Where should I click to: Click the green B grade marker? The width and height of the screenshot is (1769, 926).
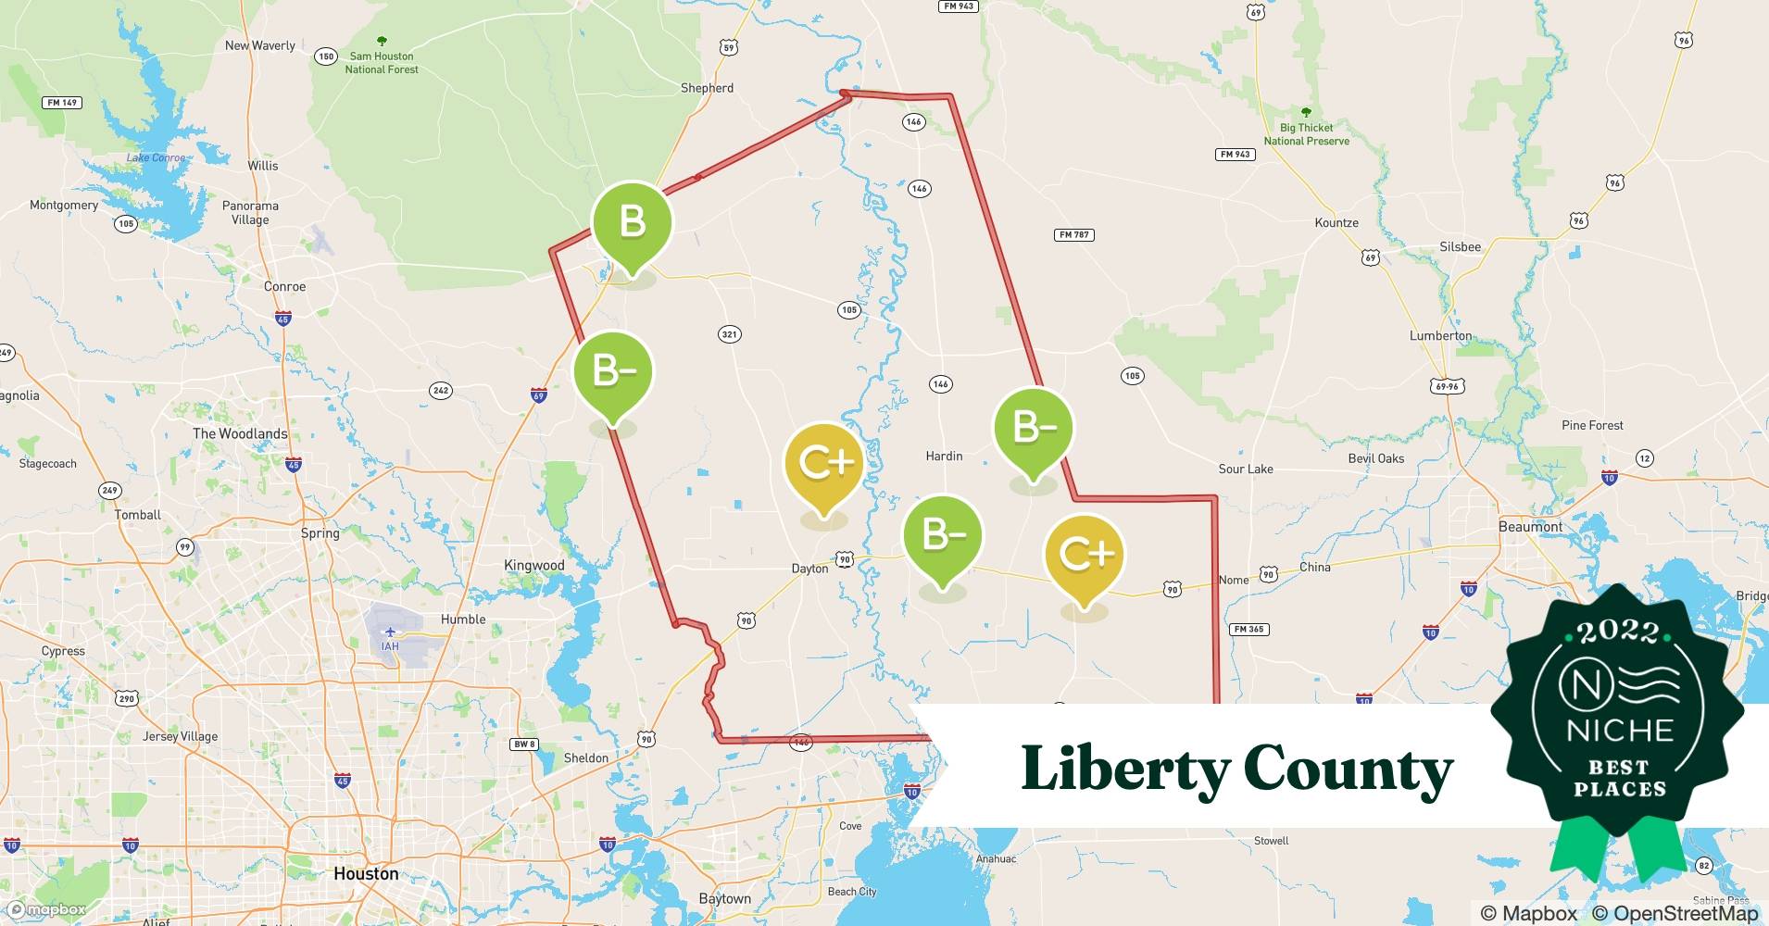coord(633,222)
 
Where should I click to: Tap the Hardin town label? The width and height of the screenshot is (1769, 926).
coord(944,456)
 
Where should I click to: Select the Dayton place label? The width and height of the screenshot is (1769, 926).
coord(809,569)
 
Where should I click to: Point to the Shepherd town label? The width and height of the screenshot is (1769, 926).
coord(707,88)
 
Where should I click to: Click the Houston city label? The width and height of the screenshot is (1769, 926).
coord(366,873)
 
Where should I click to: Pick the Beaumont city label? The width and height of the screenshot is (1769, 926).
coord(1530,526)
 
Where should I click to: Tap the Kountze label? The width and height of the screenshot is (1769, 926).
coord(1336,222)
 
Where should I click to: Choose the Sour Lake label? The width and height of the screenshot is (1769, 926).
coord(1246,469)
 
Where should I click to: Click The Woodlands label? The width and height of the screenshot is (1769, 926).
coord(240,433)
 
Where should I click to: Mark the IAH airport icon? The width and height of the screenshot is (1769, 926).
coord(390,632)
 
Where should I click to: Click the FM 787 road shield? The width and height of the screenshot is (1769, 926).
coord(1074,234)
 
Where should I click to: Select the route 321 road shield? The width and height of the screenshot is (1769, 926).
coord(730,334)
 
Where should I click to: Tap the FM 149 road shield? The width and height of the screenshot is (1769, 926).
coord(62,102)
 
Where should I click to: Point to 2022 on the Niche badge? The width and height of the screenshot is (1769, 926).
coord(1619,632)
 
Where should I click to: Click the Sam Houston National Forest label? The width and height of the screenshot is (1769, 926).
coord(382,62)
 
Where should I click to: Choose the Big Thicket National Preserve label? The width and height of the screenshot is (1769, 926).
coord(1306,134)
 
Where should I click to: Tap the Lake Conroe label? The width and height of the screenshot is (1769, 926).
coord(156,157)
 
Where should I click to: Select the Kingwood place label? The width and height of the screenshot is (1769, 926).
coord(533,565)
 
